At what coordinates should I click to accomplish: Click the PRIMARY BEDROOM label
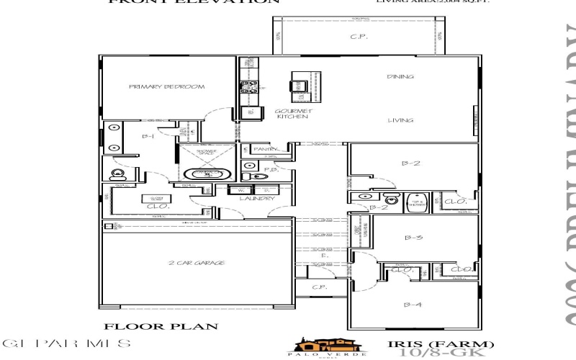tap(166, 87)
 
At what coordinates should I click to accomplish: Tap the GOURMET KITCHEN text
tap(293, 114)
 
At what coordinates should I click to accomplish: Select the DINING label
tap(400, 76)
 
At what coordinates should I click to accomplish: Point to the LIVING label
tap(400, 121)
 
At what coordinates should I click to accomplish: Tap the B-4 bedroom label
tap(412, 305)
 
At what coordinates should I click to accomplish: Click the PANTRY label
tap(266, 149)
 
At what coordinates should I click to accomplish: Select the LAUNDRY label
tap(257, 199)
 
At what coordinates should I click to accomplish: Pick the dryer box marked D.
tap(262, 190)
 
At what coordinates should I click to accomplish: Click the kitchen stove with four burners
tap(248, 88)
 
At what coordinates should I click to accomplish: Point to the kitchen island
tap(299, 85)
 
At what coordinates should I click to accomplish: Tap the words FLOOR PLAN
tap(161, 327)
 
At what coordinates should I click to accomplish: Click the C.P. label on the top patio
tap(358, 37)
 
